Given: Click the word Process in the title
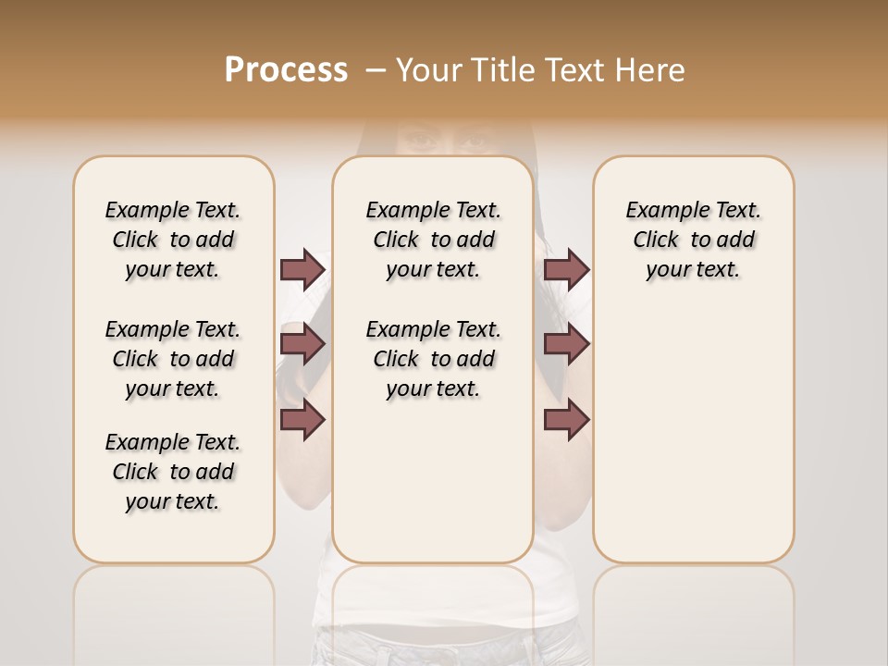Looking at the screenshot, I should click(x=286, y=70).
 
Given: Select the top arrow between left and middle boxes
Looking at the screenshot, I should click(x=302, y=269).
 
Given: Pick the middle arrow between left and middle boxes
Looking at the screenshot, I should click(x=302, y=344).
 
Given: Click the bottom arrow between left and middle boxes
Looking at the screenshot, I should click(x=302, y=420).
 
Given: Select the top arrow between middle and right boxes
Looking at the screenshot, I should click(x=566, y=269).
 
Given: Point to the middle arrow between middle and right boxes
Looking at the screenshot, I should click(x=566, y=344).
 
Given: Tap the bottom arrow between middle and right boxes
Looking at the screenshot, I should click(x=566, y=420).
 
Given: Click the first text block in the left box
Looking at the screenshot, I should click(x=173, y=240).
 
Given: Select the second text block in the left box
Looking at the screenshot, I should click(x=173, y=359).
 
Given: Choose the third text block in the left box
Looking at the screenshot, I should click(x=173, y=472).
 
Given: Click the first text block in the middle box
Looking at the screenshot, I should click(x=433, y=240).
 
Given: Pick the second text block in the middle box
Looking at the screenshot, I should click(x=433, y=359).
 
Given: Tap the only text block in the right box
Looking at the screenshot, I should click(x=693, y=240).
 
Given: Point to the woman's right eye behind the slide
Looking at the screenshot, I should click(x=419, y=142).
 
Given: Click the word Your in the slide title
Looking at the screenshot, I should click(x=425, y=70).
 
